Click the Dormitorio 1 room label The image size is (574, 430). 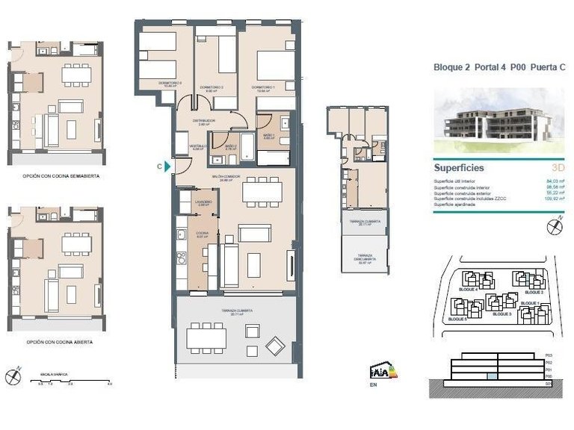263,87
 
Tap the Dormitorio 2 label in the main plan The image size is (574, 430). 212,87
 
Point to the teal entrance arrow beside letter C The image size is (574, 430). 168,166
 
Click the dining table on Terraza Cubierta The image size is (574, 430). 206,338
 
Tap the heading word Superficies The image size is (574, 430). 459,168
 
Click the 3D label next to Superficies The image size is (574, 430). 557,169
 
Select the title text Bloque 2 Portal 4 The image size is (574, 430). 469,68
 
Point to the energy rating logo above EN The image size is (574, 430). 380,370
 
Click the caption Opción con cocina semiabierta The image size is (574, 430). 62,176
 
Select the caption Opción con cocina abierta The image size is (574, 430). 60,341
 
